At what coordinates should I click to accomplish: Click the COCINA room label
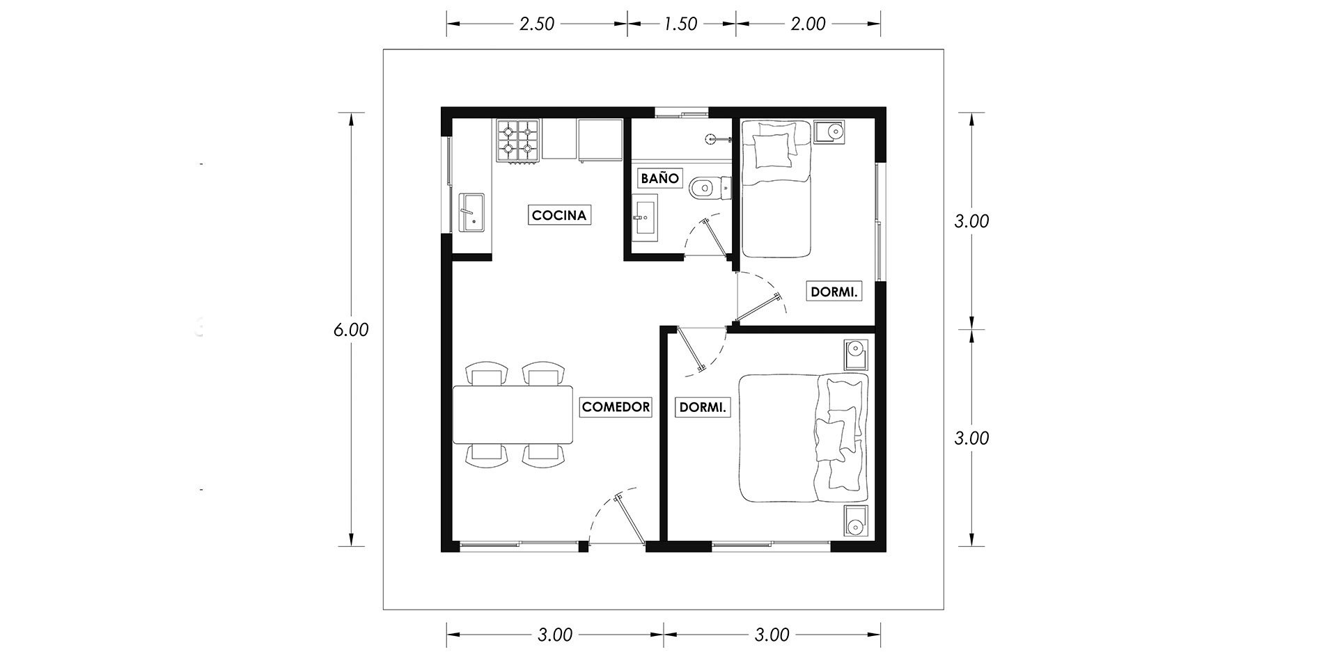[x=559, y=215]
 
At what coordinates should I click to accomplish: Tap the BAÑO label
[x=659, y=178]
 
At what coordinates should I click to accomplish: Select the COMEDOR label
[x=616, y=407]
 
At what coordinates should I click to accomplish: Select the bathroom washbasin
[x=645, y=218]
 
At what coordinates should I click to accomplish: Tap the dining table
[x=513, y=414]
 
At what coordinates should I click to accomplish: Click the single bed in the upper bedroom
[x=776, y=189]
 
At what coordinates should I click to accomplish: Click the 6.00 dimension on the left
[x=351, y=330]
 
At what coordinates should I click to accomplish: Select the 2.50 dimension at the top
[x=537, y=24]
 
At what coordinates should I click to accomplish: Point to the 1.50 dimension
[x=680, y=24]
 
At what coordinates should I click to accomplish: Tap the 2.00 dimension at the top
[x=808, y=24]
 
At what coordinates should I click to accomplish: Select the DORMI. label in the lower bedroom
[x=702, y=407]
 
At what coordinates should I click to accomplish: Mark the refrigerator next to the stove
[x=600, y=140]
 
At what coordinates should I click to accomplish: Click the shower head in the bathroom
[x=710, y=138]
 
